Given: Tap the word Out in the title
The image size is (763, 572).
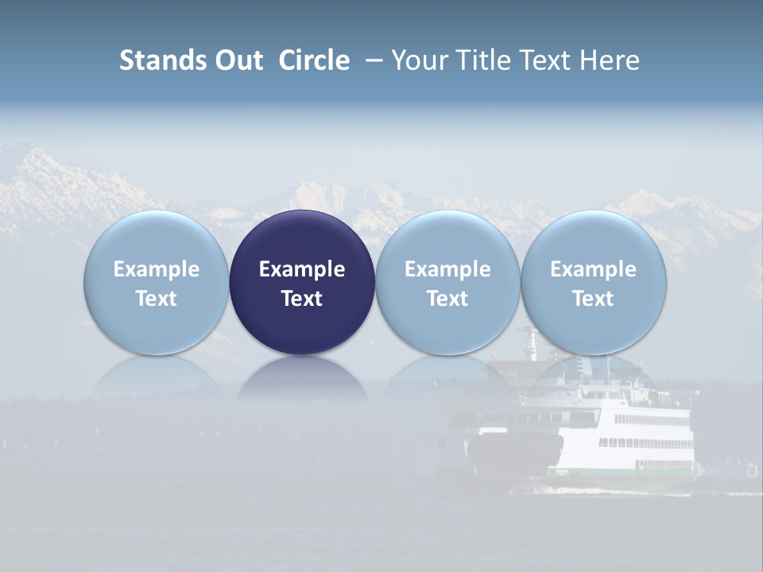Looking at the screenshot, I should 237,60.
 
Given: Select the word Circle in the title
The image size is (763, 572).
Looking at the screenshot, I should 314,60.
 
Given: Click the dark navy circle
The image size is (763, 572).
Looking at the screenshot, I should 302,238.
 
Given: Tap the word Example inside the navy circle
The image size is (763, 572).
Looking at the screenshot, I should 302,269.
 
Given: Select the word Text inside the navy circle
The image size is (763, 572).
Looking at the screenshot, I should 302,299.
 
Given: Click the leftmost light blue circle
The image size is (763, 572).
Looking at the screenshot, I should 157,238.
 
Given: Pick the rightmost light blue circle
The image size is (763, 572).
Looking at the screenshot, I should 594,238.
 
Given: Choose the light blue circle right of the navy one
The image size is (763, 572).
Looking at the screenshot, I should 447,238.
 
